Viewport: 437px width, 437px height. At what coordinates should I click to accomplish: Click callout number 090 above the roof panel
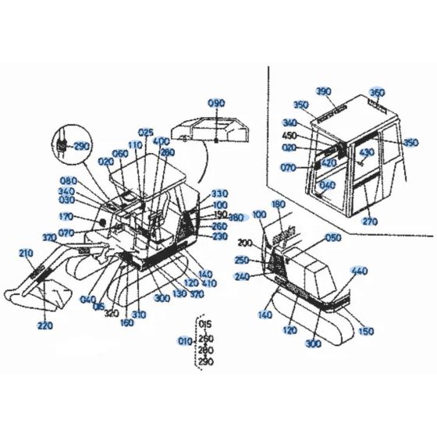tap(216, 104)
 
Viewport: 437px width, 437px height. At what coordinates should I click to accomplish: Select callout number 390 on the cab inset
tap(324, 92)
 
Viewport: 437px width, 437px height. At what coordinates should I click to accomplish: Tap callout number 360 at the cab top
tap(378, 92)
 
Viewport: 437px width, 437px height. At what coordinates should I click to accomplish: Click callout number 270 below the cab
tap(369, 221)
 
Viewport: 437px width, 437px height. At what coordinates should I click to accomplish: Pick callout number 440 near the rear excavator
tap(359, 271)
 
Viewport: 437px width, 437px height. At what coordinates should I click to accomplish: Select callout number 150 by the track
tap(365, 332)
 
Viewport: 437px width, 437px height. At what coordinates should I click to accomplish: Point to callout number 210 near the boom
tap(27, 253)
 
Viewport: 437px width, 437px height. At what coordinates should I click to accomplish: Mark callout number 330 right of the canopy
tap(219, 194)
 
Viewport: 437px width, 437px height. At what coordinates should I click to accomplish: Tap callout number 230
tap(219, 236)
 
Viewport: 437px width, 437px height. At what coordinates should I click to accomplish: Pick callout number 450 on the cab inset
tap(290, 136)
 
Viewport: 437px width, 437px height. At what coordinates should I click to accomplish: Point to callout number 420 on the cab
tap(329, 162)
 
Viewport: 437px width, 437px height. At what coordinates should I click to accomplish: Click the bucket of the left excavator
tap(39, 294)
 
